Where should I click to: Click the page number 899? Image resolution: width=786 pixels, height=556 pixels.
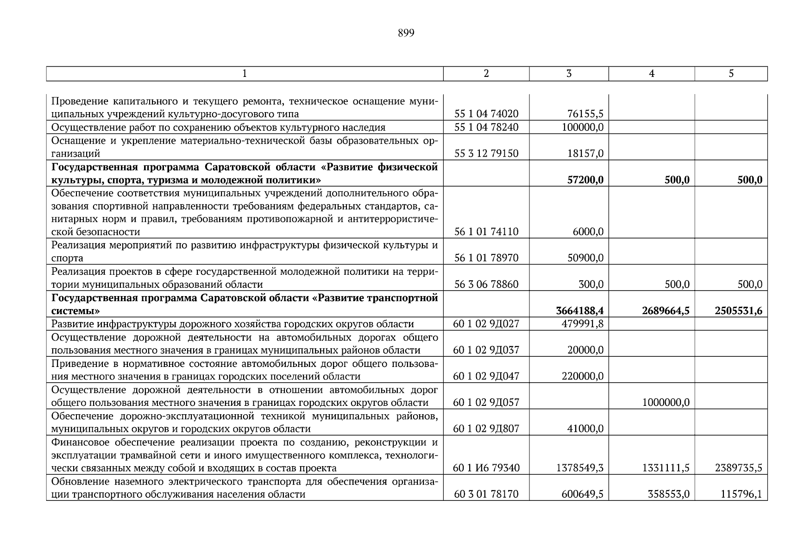406,33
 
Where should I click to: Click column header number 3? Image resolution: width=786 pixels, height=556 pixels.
569,74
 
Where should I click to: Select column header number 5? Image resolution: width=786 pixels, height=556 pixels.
731,74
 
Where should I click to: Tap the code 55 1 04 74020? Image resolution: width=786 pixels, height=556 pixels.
486,114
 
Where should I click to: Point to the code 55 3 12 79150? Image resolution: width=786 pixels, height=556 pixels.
486,153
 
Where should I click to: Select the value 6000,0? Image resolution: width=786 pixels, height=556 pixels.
588,232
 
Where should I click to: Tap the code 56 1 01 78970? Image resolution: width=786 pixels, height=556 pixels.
486,258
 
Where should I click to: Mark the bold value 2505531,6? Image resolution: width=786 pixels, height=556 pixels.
738,311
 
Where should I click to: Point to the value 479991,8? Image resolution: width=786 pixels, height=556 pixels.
582,324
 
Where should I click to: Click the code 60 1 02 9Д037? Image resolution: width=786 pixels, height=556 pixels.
486,350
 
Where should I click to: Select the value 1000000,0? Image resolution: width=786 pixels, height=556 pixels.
666,403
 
